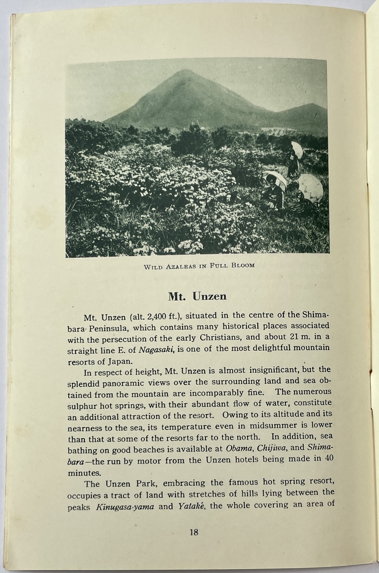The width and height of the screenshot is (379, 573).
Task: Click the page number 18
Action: (x=193, y=532)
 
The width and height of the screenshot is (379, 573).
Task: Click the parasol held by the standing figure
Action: (x=297, y=149)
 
